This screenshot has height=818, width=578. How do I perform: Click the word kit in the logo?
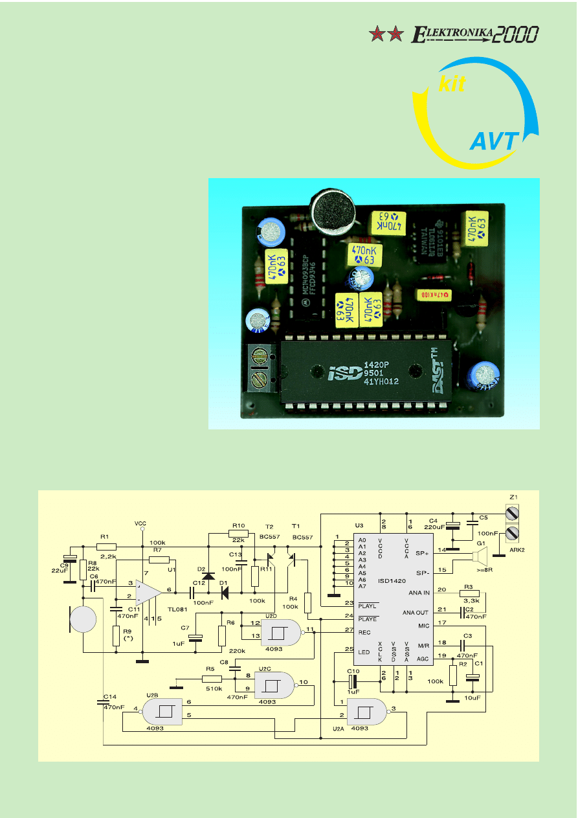(452, 85)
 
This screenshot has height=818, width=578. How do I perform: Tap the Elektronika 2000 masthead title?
(475, 34)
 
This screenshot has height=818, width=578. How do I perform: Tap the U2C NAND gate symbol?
(274, 683)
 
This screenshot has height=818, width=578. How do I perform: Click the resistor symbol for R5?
(212, 679)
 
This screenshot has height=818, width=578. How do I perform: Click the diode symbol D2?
(208, 575)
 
